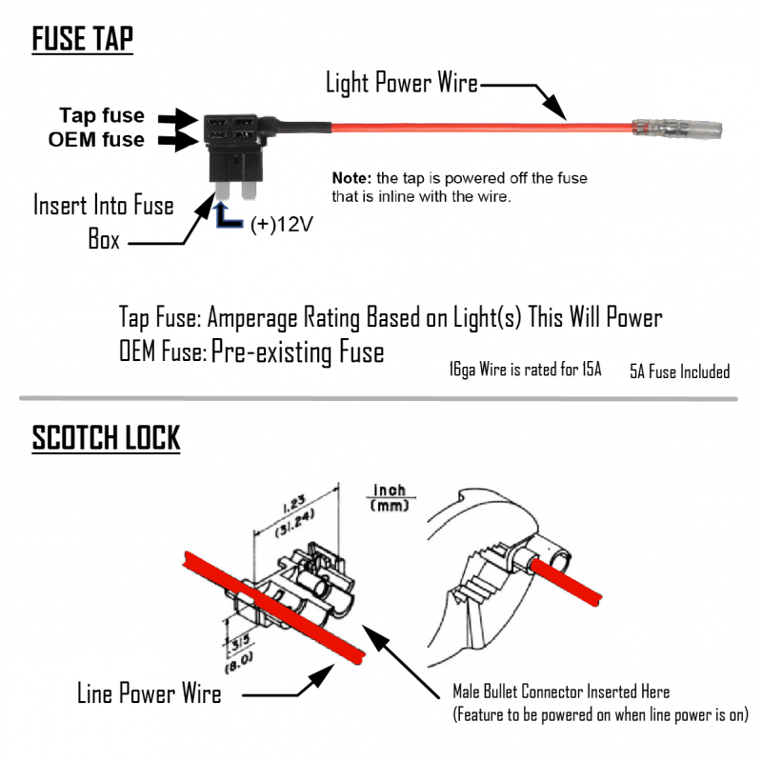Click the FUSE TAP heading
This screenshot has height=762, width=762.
(83, 40)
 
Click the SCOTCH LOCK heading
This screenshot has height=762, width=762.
(106, 438)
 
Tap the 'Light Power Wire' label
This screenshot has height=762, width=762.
(401, 83)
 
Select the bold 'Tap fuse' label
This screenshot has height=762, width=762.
(102, 116)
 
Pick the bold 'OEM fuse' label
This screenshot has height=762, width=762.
(97, 140)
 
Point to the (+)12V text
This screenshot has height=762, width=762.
(281, 227)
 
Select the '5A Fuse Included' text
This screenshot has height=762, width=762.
(679, 371)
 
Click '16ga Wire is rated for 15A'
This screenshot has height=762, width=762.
(526, 371)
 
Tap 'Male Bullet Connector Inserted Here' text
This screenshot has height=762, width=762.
(561, 692)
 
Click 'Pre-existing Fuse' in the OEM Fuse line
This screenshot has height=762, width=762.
(297, 353)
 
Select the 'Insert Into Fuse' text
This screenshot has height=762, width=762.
(104, 205)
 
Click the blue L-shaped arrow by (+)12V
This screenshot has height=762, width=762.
(229, 216)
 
